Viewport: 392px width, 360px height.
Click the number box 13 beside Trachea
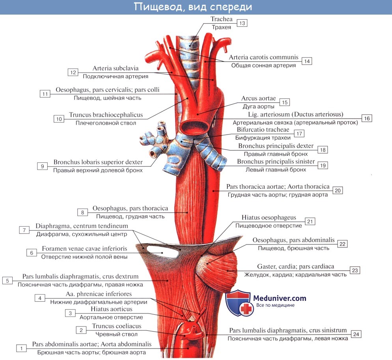click(242, 23)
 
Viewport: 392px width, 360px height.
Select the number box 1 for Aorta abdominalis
click(21, 348)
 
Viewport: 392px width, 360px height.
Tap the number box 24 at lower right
click(356, 334)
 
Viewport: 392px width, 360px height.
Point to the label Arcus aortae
click(258, 99)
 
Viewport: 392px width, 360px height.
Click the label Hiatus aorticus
click(111, 309)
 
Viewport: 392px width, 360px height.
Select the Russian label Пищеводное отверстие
click(269, 226)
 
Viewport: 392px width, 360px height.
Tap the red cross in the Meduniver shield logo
click(247, 309)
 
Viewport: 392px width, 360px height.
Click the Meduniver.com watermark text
click(281, 298)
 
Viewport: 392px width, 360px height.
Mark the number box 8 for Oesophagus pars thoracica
click(82, 212)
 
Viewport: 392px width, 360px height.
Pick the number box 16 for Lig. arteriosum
click(367, 118)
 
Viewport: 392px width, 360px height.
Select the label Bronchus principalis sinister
click(276, 162)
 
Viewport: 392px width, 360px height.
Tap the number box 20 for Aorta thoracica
click(338, 190)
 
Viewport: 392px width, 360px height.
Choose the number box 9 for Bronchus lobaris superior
click(43, 166)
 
